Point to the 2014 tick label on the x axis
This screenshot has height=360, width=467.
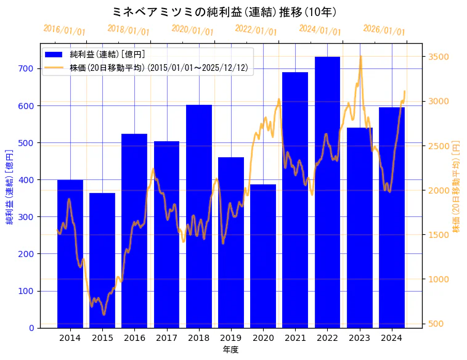click(x=70, y=338)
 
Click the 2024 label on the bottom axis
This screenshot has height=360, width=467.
click(x=392, y=338)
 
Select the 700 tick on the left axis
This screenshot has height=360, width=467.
click(x=25, y=68)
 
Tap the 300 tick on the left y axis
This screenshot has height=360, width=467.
click(x=25, y=217)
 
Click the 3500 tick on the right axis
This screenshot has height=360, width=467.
click(x=438, y=57)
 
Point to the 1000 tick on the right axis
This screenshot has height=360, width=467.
click(x=438, y=279)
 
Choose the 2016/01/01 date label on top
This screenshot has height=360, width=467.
click(x=65, y=30)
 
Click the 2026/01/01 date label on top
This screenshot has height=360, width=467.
click(x=384, y=30)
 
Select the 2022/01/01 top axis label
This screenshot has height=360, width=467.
click(x=256, y=30)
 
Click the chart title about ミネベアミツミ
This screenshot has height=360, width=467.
click(x=225, y=12)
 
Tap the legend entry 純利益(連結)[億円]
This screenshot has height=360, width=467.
click(x=107, y=54)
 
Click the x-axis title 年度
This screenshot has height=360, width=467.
click(x=230, y=350)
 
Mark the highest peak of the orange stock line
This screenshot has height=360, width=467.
click(x=360, y=57)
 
